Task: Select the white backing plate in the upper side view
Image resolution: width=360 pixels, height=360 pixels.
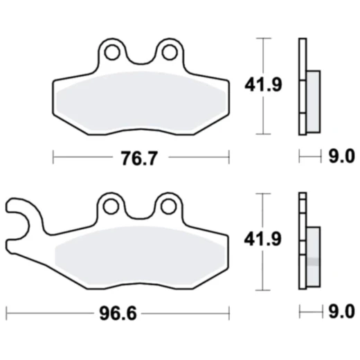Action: click(x=302, y=87)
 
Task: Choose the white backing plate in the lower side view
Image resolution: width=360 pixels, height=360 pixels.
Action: click(x=302, y=242)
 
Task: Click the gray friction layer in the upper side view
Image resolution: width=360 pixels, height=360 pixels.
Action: click(x=312, y=101)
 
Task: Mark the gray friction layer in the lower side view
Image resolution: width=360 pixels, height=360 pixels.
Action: click(x=312, y=255)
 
